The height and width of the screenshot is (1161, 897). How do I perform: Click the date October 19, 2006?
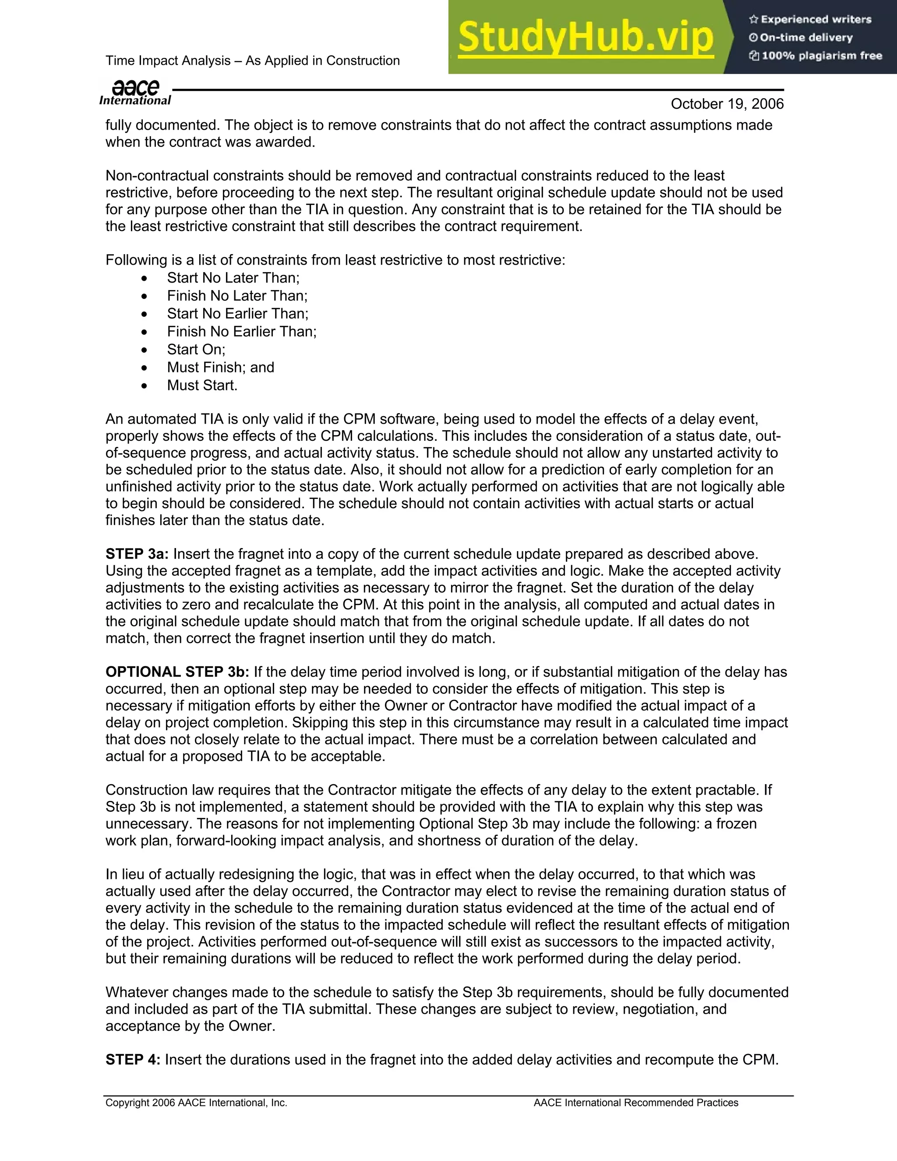[727, 104]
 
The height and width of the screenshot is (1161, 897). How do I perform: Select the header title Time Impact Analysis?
[252, 60]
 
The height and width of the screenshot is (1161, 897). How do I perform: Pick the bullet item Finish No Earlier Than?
[242, 332]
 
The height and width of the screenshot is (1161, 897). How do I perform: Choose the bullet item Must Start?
[202, 386]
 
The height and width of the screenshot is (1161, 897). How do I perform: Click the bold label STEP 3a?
[137, 554]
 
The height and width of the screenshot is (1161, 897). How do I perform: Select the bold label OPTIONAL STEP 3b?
[177, 672]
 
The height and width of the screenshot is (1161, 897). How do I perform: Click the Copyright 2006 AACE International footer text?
[196, 1103]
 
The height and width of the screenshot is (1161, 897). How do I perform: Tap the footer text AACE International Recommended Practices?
[636, 1103]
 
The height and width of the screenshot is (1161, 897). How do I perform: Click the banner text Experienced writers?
[816, 20]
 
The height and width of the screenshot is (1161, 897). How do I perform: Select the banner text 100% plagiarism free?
[822, 56]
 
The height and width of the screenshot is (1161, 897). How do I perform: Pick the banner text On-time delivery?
[805, 38]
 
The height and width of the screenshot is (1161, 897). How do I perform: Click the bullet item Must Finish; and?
[221, 367]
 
